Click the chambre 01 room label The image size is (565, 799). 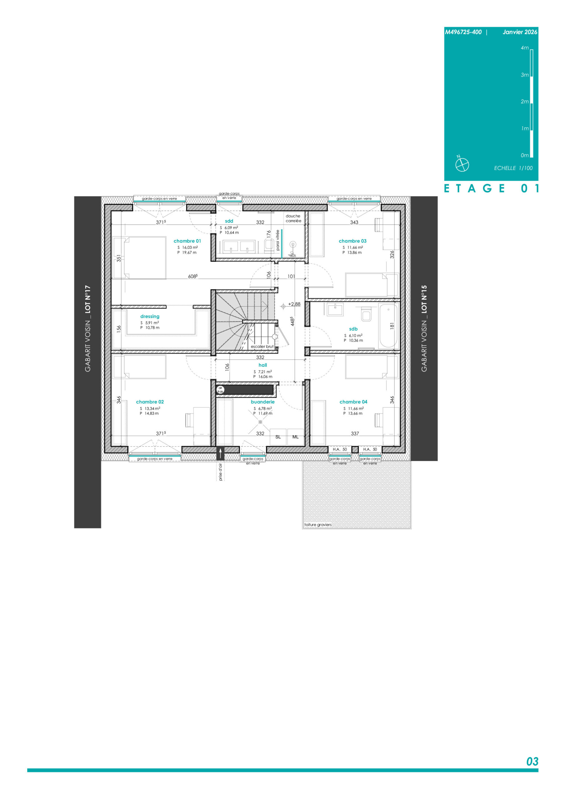pyautogui.click(x=187, y=241)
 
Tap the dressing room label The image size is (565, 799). pyautogui.click(x=150, y=316)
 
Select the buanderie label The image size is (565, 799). pyautogui.click(x=263, y=402)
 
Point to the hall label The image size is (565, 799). pyautogui.click(x=263, y=365)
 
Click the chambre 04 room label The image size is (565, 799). pyautogui.click(x=353, y=402)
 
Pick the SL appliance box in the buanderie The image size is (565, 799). pyautogui.click(x=278, y=437)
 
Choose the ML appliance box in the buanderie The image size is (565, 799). pyautogui.click(x=296, y=437)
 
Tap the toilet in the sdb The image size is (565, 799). pyautogui.click(x=366, y=314)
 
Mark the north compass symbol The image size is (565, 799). pyautogui.click(x=462, y=164)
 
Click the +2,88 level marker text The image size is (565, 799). pyautogui.click(x=294, y=304)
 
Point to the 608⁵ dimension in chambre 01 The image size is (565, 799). pyautogui.click(x=193, y=276)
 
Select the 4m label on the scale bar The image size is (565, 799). pyautogui.click(x=525, y=48)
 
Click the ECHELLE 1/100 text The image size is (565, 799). pyautogui.click(x=513, y=168)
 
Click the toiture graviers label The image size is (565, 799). pyautogui.click(x=318, y=524)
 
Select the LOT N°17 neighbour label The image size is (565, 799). pyautogui.click(x=88, y=299)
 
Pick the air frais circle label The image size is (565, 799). pyautogui.click(x=220, y=390)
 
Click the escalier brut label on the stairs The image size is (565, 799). pyautogui.click(x=262, y=347)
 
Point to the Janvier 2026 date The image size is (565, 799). pyautogui.click(x=520, y=32)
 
